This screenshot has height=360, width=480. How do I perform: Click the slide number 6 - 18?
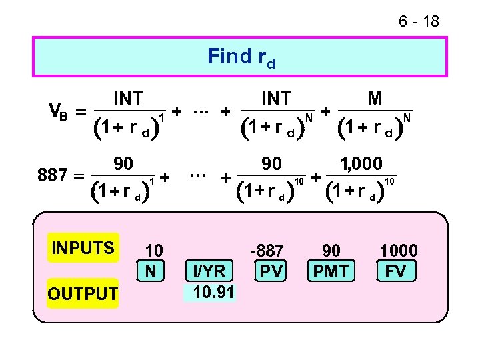pyautogui.click(x=418, y=22)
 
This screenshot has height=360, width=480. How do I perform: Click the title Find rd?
pyautogui.click(x=241, y=57)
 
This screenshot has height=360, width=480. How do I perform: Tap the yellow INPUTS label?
pyautogui.click(x=83, y=248)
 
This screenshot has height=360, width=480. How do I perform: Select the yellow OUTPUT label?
pyautogui.click(x=82, y=293)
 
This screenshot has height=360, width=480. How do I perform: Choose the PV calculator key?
pyautogui.click(x=271, y=271)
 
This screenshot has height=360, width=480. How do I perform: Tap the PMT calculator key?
pyautogui.click(x=331, y=271)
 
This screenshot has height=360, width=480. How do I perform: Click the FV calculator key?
pyautogui.click(x=398, y=271)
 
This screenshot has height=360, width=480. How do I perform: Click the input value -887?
pyautogui.click(x=267, y=251)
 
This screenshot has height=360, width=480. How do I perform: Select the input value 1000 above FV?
pyautogui.click(x=398, y=251)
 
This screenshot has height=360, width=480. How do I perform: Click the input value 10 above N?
pyautogui.click(x=154, y=251)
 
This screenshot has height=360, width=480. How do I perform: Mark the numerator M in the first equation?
pyautogui.click(x=375, y=99)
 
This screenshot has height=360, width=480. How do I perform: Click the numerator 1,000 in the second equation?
pyautogui.click(x=361, y=163)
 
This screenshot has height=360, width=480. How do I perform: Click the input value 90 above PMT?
pyautogui.click(x=331, y=251)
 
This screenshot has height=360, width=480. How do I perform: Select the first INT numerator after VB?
pyautogui.click(x=128, y=99)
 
